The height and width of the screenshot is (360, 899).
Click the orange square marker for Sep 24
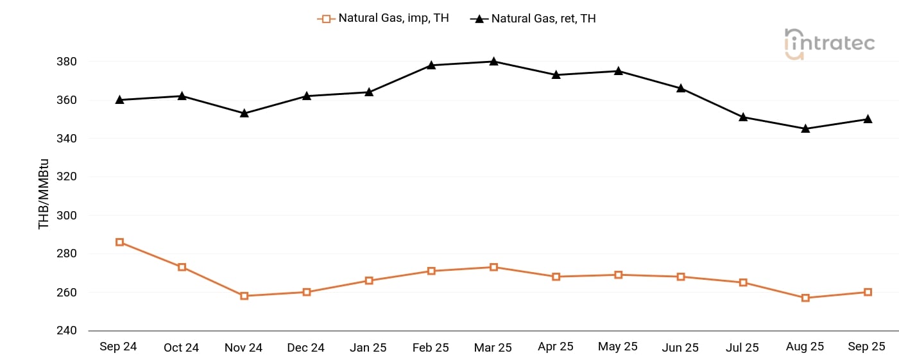coord(119,242)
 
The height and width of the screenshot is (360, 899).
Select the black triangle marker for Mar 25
coord(493,62)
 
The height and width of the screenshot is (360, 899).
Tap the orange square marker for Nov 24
coord(244,296)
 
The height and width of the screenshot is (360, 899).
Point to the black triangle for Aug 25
coord(805,128)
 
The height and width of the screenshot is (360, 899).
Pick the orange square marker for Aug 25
coord(805,298)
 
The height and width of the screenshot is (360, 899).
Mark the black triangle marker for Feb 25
coord(431,65)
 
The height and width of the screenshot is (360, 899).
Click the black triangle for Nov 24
coord(244,113)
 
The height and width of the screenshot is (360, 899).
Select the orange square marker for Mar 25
coord(493,267)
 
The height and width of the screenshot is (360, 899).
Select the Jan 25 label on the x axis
coord(368,347)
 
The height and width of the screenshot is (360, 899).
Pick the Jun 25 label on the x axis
coord(680,347)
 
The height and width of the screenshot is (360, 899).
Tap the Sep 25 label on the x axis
coord(866,347)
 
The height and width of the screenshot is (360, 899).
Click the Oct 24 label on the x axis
coord(181,347)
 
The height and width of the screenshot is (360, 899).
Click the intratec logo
coord(829,44)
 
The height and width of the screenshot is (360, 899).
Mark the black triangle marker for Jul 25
coord(743,117)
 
